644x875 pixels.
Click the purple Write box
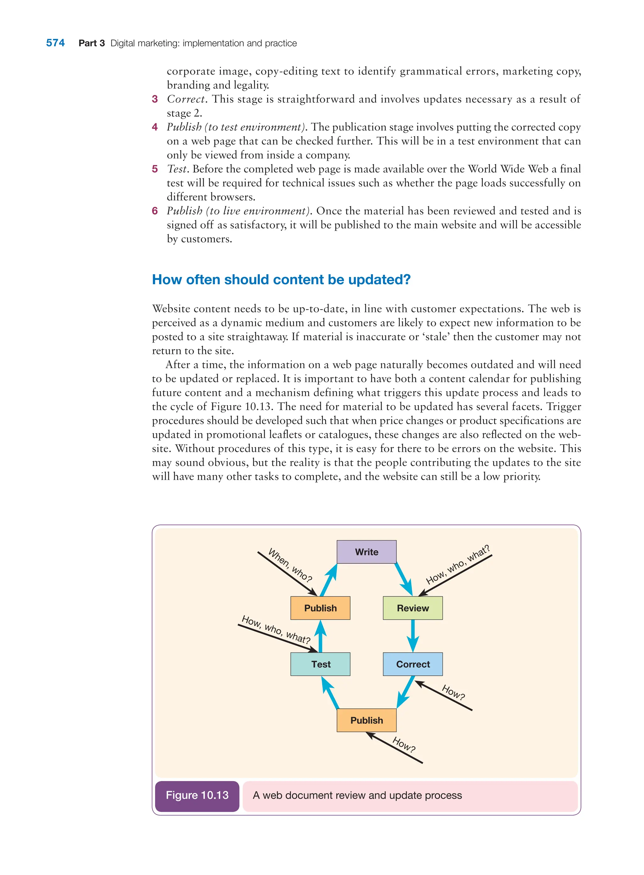(366, 551)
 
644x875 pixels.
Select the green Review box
(413, 608)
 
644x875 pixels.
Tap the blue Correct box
(413, 664)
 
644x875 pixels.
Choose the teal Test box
(320, 664)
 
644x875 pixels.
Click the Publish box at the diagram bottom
(366, 720)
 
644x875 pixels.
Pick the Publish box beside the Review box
(320, 608)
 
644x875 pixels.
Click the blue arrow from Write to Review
(403, 579)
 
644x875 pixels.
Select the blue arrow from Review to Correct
(413, 635)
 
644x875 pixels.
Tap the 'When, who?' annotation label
(291, 565)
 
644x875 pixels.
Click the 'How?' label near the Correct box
(453, 693)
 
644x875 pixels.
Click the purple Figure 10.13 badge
(197, 795)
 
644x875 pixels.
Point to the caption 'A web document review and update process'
(357, 795)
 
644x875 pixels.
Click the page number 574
(55, 43)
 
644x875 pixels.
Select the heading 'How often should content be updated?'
(281, 280)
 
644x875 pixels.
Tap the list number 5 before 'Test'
(155, 169)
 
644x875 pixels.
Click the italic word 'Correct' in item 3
(186, 99)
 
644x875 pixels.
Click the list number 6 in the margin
(155, 211)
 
